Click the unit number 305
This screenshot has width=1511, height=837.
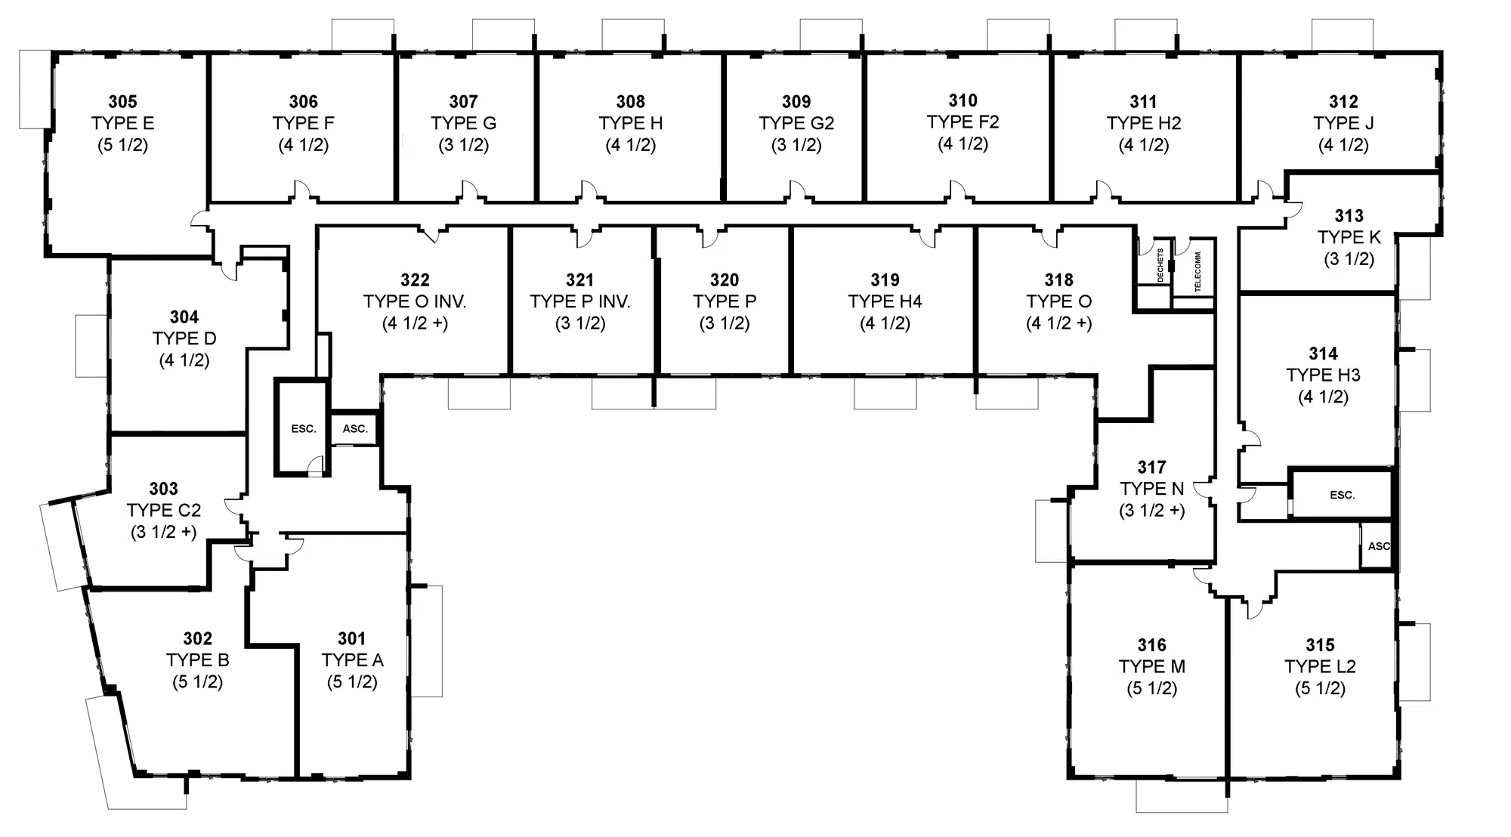122,101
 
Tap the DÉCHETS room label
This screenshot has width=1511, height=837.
1160,265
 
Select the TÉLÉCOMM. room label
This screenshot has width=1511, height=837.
1197,271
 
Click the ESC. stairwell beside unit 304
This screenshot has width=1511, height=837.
304,428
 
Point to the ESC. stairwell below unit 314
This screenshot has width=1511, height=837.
1343,495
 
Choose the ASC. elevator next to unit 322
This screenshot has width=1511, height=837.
355,428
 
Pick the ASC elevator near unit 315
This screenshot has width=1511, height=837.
1379,546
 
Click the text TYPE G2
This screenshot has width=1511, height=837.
796,123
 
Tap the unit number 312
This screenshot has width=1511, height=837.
1343,101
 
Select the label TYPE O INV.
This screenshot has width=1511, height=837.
415,301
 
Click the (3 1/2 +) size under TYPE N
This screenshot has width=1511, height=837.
1152,511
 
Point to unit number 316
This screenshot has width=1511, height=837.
1152,645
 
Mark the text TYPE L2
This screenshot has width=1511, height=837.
1320,667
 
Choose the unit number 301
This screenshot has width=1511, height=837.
352,638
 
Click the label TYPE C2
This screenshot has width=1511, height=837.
164,511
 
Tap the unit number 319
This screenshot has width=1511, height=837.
885,280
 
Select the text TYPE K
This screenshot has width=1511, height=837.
1349,237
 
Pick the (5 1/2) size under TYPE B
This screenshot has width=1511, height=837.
197,682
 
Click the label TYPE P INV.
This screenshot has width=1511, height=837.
580,301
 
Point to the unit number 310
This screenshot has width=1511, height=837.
963,100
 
